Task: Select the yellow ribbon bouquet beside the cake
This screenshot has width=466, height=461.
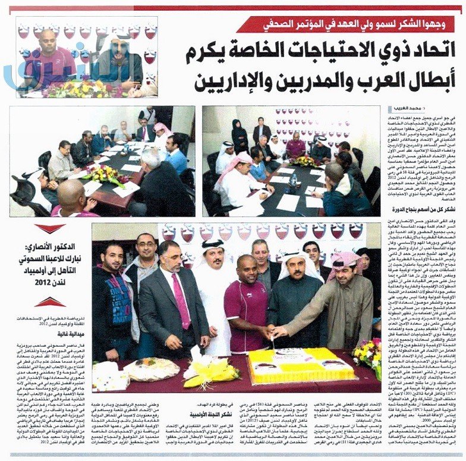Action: click(x=212, y=371)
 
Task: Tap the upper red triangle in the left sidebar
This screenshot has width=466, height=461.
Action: click(x=50, y=228)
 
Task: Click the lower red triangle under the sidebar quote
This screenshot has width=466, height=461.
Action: click(x=50, y=302)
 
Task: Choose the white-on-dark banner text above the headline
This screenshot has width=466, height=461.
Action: click(x=347, y=24)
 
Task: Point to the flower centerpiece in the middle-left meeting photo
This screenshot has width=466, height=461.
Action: click(x=107, y=174)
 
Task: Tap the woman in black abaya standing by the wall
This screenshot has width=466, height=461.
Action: click(x=239, y=137)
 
